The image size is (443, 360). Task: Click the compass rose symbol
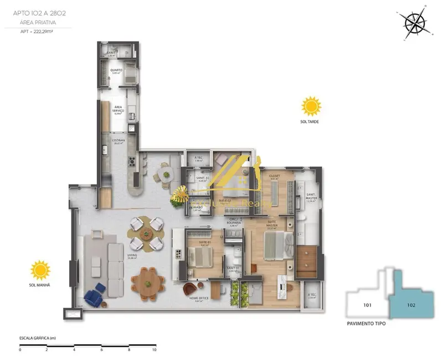(415, 23)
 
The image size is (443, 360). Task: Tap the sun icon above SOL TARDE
(311, 105)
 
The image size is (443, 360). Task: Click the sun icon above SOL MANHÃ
(40, 270)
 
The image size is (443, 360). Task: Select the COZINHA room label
(118, 141)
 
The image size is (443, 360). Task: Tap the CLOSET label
(274, 176)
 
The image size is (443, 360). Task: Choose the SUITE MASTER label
(272, 224)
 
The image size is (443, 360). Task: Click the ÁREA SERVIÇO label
(118, 109)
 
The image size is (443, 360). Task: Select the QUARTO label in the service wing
(116, 71)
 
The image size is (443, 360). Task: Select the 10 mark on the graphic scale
(154, 350)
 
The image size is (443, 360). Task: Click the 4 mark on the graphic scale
(74, 350)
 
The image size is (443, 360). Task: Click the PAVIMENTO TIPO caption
(366, 324)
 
